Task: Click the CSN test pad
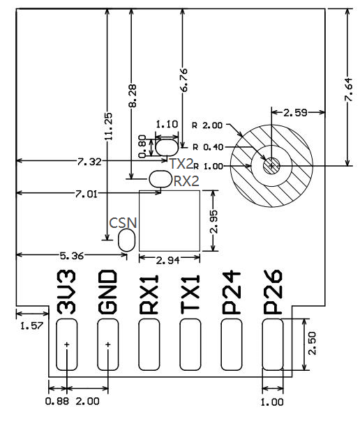(x=127, y=240)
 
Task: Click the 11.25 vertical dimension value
(x=107, y=127)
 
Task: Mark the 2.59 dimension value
(x=297, y=112)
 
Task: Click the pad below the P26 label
(x=273, y=345)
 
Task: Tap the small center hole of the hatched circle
(x=271, y=165)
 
